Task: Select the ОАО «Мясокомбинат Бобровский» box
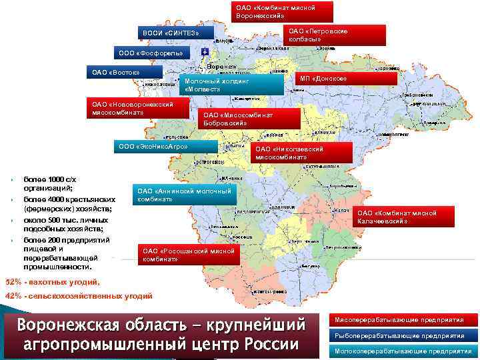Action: (251, 119)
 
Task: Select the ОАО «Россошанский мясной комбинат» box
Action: (188, 254)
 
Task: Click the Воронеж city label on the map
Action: (222, 68)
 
